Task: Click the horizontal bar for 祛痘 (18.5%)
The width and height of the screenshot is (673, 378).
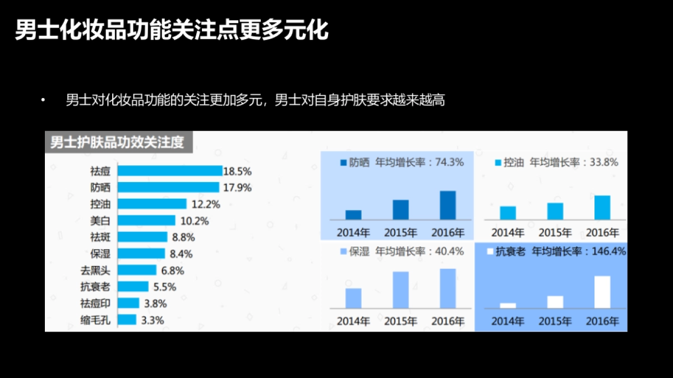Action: coord(170,171)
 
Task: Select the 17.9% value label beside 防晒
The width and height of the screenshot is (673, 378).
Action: coord(237,188)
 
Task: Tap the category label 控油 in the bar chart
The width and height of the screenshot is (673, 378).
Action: coord(100,204)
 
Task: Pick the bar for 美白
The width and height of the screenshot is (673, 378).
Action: coord(146,221)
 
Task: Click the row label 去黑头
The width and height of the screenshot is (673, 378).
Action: coord(95,270)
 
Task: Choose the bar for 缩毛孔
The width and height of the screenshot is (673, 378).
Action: coord(127,320)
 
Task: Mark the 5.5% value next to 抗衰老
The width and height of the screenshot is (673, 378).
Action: coord(164,287)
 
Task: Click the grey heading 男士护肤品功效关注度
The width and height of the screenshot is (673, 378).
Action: coord(117,142)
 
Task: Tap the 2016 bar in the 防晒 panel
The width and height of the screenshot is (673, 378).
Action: coord(448,205)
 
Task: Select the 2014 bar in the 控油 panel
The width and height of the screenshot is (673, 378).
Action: coord(508,213)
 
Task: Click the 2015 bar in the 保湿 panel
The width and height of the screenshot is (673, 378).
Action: coord(400,290)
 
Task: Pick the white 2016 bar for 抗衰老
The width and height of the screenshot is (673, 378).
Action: coord(602,292)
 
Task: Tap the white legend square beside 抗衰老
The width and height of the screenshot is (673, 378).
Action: coord(490,251)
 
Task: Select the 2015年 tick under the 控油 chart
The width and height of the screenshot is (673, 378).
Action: coord(555,232)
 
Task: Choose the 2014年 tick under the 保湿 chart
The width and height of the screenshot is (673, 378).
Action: coord(353,321)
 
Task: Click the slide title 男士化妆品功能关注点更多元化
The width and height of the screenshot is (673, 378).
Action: coord(172,31)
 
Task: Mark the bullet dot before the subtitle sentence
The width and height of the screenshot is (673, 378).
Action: coord(43,101)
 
